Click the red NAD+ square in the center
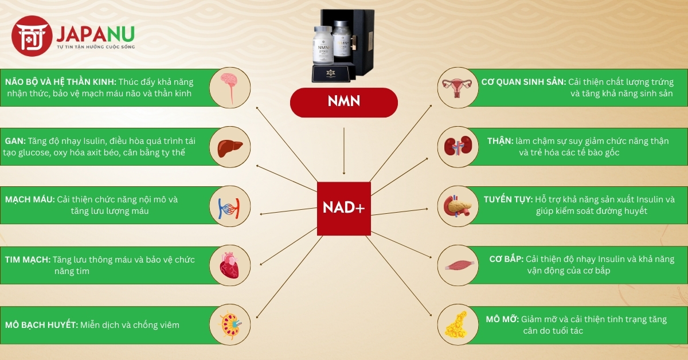344,208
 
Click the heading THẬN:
501,141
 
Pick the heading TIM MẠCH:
28,260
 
